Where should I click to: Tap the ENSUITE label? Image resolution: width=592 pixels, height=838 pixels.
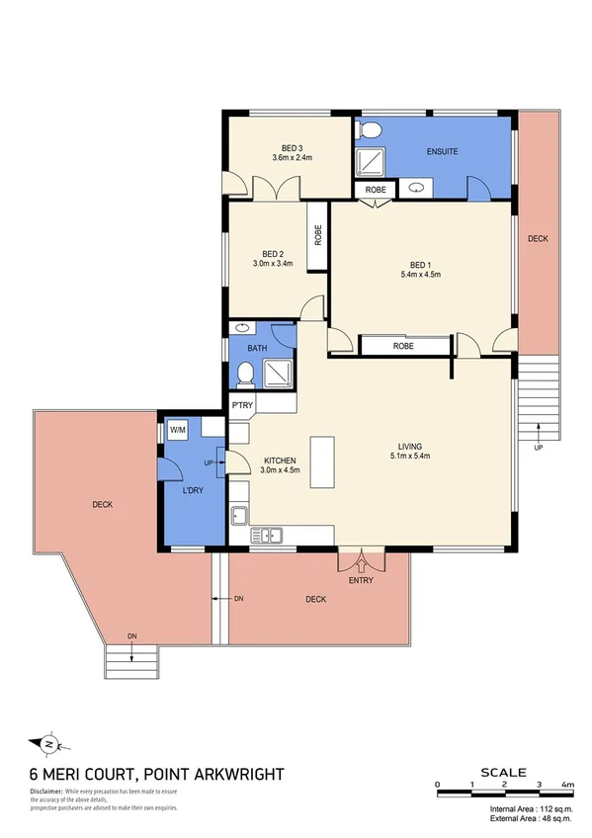click(441, 151)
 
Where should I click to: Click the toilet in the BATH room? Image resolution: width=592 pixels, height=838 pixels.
click(244, 374)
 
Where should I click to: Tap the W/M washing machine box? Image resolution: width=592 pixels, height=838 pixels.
click(178, 430)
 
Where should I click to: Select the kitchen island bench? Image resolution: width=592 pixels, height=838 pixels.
click(322, 461)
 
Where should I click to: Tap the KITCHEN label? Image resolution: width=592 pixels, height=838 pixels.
click(281, 461)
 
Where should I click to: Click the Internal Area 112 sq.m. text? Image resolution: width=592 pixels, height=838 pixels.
click(532, 808)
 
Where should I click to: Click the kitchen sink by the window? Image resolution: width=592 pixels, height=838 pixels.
click(267, 536)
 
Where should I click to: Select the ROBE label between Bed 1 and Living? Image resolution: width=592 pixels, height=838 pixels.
click(402, 346)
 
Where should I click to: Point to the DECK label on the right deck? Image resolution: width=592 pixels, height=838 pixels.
click(537, 239)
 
